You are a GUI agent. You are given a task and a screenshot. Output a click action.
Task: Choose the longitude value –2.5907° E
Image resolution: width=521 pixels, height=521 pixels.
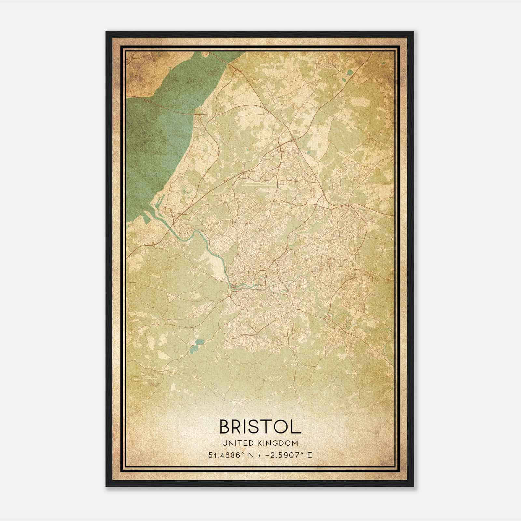[289, 455]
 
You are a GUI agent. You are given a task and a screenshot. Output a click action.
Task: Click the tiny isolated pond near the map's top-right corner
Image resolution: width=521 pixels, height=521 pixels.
[383, 63]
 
